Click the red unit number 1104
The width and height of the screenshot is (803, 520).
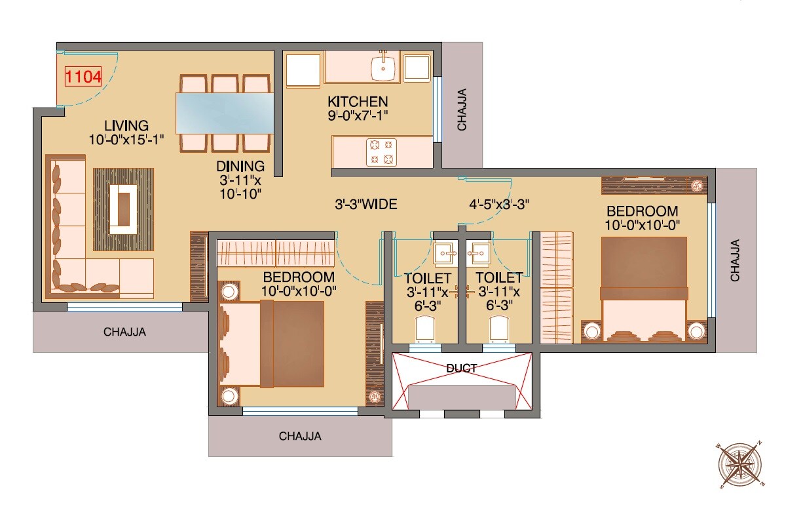pos(83,77)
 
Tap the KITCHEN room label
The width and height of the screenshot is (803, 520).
pos(358,102)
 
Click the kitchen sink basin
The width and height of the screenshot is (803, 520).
pos(382,66)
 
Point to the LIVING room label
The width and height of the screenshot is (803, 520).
pos(126,125)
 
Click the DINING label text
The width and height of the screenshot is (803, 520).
pos(240,166)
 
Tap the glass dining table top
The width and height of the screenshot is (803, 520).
pos(225,113)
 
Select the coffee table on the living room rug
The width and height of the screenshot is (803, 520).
pos(123,209)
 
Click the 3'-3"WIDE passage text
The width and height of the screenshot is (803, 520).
pos(365,205)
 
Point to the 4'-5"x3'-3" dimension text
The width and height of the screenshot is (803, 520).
pos(499,204)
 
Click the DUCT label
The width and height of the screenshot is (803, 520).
pos(462,369)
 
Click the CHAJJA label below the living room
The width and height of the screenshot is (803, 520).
pos(124,332)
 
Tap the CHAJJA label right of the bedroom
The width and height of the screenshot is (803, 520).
pos(736,260)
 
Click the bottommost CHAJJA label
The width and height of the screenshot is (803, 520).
pos(300,435)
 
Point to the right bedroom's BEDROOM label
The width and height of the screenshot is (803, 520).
pos(642,211)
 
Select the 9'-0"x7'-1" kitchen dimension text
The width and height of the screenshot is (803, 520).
pos(358,116)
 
